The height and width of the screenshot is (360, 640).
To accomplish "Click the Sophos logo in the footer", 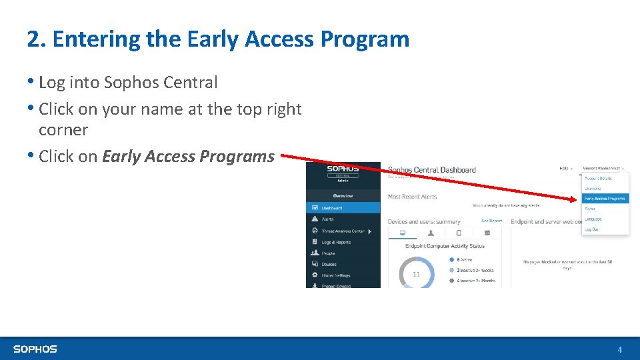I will (x=35, y=349).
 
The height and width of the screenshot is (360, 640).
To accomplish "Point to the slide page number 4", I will (x=620, y=349).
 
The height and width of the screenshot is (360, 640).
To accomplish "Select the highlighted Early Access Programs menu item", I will (x=605, y=199).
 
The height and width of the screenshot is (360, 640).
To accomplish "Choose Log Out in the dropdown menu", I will (x=591, y=229).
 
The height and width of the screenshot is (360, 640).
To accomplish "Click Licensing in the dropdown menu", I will (x=593, y=189).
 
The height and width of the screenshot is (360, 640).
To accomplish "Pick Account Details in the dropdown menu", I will (x=597, y=178).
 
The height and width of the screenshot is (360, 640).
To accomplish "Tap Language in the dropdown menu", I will (x=593, y=219).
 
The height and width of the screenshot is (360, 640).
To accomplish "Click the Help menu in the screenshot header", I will (x=564, y=169).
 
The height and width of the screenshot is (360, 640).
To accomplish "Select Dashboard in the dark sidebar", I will (x=332, y=208).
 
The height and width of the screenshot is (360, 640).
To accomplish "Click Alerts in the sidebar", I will (x=328, y=219).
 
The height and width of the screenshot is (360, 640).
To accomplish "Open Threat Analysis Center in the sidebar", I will (x=343, y=231).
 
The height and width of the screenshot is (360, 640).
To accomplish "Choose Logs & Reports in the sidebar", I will (x=336, y=243).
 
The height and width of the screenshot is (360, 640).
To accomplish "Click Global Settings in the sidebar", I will (x=336, y=275).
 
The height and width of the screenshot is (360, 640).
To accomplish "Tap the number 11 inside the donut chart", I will (x=417, y=274).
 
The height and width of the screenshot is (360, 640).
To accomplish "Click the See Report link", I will (x=491, y=221).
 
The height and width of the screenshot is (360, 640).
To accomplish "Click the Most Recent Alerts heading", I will (x=412, y=197).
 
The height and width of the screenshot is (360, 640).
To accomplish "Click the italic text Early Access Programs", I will (x=188, y=157).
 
